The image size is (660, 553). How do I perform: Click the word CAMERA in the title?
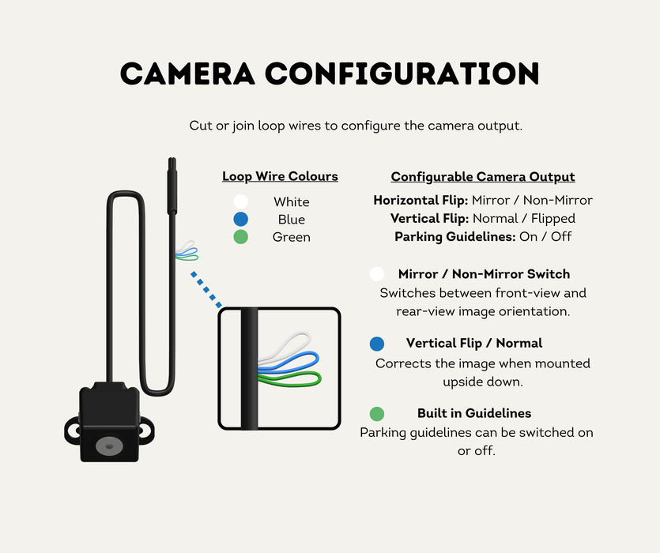click(x=187, y=73)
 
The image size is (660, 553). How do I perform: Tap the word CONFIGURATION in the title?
click(x=402, y=73)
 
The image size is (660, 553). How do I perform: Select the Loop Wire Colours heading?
click(x=280, y=176)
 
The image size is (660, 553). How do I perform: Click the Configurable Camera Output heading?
click(x=483, y=177)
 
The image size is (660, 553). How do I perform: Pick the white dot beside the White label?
click(x=241, y=201)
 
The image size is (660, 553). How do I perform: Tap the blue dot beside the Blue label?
click(x=241, y=219)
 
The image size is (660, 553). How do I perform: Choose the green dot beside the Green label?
click(x=241, y=236)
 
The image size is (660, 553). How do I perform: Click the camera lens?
click(x=109, y=446)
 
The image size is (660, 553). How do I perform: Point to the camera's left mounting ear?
click(x=73, y=431)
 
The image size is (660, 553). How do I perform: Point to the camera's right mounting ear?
click(x=146, y=431)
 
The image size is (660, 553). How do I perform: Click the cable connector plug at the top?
click(x=172, y=186)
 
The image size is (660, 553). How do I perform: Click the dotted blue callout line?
click(x=206, y=290)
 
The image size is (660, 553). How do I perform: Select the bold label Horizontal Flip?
click(x=421, y=201)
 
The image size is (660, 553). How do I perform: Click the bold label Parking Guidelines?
click(x=455, y=236)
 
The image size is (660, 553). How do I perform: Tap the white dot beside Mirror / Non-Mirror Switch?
click(x=377, y=274)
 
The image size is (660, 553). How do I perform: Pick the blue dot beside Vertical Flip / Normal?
click(x=377, y=344)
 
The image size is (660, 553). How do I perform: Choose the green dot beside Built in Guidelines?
click(x=377, y=414)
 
